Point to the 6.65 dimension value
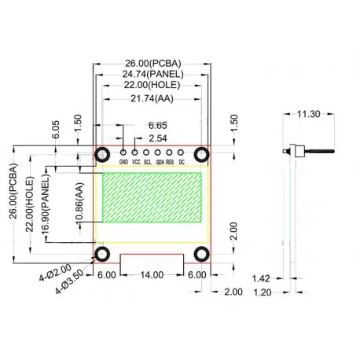(x=157, y=125)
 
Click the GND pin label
(x=123, y=162)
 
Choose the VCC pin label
(x=135, y=162)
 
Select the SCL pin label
(x=147, y=162)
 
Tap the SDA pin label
(x=160, y=162)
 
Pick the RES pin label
(x=170, y=162)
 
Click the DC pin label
(x=182, y=162)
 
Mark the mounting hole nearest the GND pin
(x=103, y=154)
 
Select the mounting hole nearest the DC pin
(x=201, y=154)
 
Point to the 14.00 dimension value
(x=152, y=275)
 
